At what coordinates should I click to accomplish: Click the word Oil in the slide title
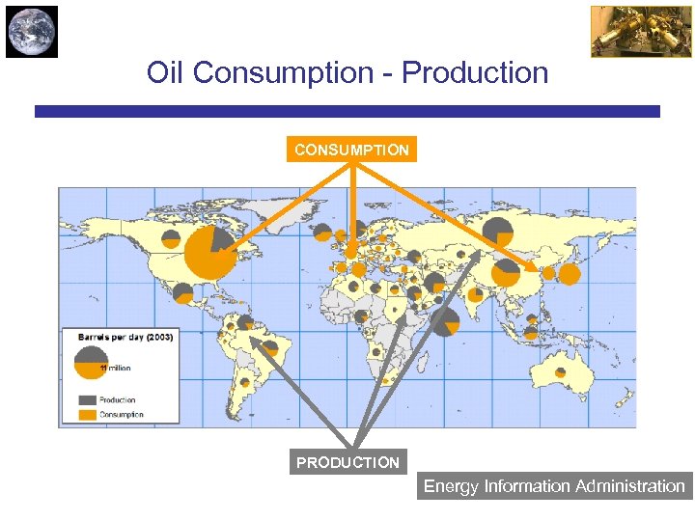tap(165, 72)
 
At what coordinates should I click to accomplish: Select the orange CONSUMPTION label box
tap(351, 150)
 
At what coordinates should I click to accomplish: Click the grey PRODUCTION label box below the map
tap(347, 462)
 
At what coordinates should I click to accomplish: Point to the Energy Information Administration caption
tap(554, 486)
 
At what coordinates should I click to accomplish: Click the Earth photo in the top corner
tap(32, 31)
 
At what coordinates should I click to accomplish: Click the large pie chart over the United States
tap(209, 254)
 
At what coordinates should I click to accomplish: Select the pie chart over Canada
tap(220, 237)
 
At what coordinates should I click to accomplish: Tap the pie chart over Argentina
tap(245, 383)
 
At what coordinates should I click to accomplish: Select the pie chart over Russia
tap(498, 231)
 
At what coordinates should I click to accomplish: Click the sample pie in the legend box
tap(91, 363)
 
